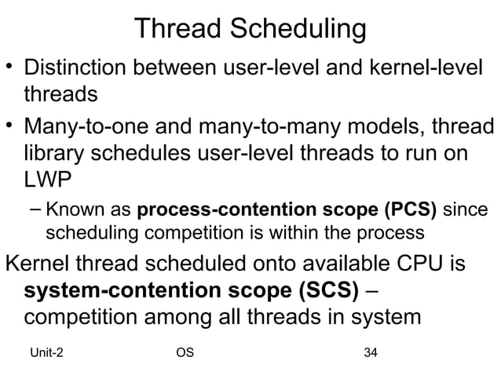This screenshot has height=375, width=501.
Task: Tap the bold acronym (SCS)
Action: point(319,289)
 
